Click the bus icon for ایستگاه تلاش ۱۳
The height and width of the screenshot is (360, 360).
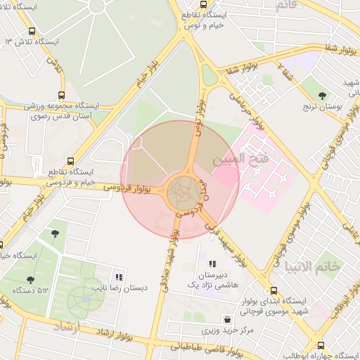(x=32, y=32)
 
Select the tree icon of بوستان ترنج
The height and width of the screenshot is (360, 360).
(x=323, y=95)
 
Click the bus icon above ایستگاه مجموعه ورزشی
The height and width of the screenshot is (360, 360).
(x=61, y=96)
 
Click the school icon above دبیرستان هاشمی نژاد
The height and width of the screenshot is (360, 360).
(x=213, y=264)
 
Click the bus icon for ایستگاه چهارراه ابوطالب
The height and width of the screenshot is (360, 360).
(x=321, y=346)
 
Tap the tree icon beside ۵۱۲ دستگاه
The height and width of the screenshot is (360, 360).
(x=29, y=279)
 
